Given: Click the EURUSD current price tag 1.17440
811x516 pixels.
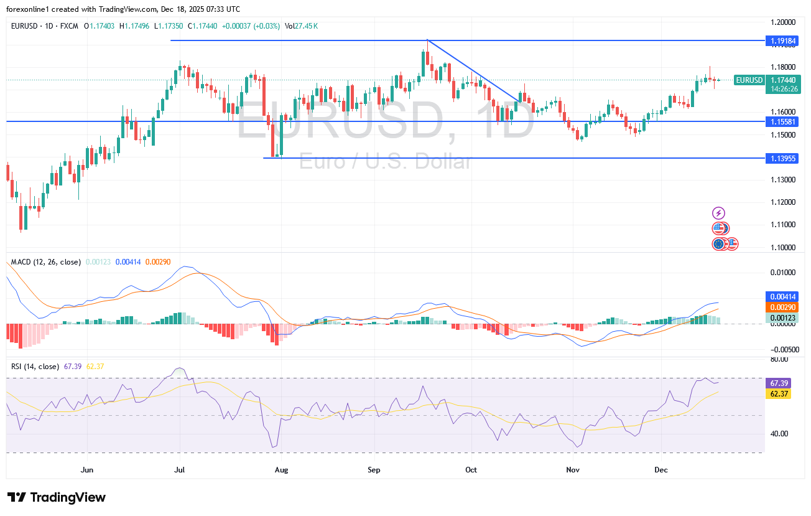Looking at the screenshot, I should pos(781,80).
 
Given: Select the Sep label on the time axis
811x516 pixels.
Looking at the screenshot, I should pos(374,471).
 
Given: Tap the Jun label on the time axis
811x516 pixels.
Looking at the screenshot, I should pos(88,471).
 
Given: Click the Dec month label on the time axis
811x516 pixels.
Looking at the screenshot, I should pos(661,471).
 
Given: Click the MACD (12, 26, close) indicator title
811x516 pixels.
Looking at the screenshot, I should pos(46,262).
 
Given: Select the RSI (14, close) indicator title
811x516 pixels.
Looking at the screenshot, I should pos(35,367).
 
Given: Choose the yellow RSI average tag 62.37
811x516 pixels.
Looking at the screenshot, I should pos(778,394).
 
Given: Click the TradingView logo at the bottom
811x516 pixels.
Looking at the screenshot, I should pos(57,497).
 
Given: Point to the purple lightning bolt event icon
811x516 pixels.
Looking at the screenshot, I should pos(718,213).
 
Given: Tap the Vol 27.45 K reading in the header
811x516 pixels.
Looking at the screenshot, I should pos(302,26).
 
